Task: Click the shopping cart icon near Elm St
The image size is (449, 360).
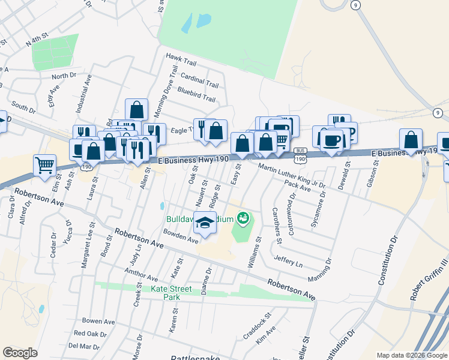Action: [x=44, y=164]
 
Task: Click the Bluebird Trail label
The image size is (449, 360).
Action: [x=196, y=94]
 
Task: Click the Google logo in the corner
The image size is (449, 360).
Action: [x=20, y=352]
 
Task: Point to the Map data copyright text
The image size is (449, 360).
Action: [x=411, y=355]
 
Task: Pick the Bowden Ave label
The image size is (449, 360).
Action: [x=181, y=236]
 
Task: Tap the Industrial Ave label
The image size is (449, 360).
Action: [x=83, y=94]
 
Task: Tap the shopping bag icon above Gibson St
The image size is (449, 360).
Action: [x=410, y=140]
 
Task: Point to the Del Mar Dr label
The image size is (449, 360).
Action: [x=84, y=346]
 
